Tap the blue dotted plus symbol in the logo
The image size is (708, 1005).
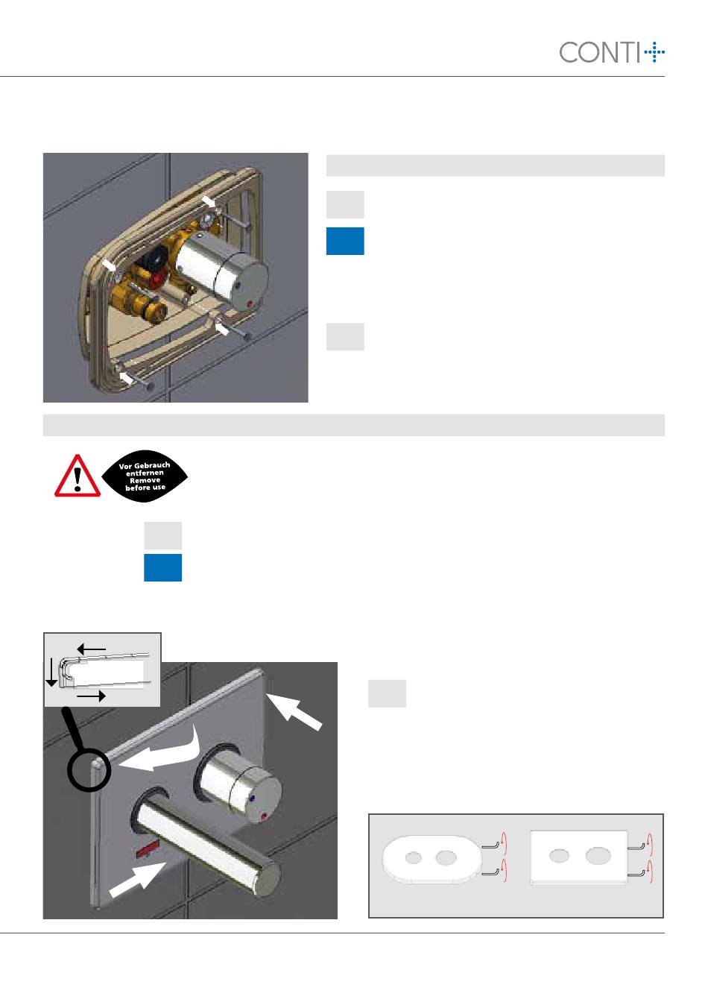click(654, 52)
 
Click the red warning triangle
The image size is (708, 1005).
click(78, 476)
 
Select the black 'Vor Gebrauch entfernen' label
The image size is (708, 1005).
click(145, 476)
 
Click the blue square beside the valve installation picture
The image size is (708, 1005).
click(345, 241)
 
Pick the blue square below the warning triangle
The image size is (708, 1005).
click(162, 567)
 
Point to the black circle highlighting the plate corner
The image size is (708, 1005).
click(89, 770)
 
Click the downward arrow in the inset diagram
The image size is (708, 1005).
click(51, 672)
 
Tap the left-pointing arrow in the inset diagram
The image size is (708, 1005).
click(91, 649)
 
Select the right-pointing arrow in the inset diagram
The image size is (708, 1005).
click(91, 696)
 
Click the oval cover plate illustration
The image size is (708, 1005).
click(432, 858)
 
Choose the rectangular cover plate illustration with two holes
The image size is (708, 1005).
click(578, 857)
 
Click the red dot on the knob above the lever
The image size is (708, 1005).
click(263, 815)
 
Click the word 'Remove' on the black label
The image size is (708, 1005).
click(145, 480)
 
